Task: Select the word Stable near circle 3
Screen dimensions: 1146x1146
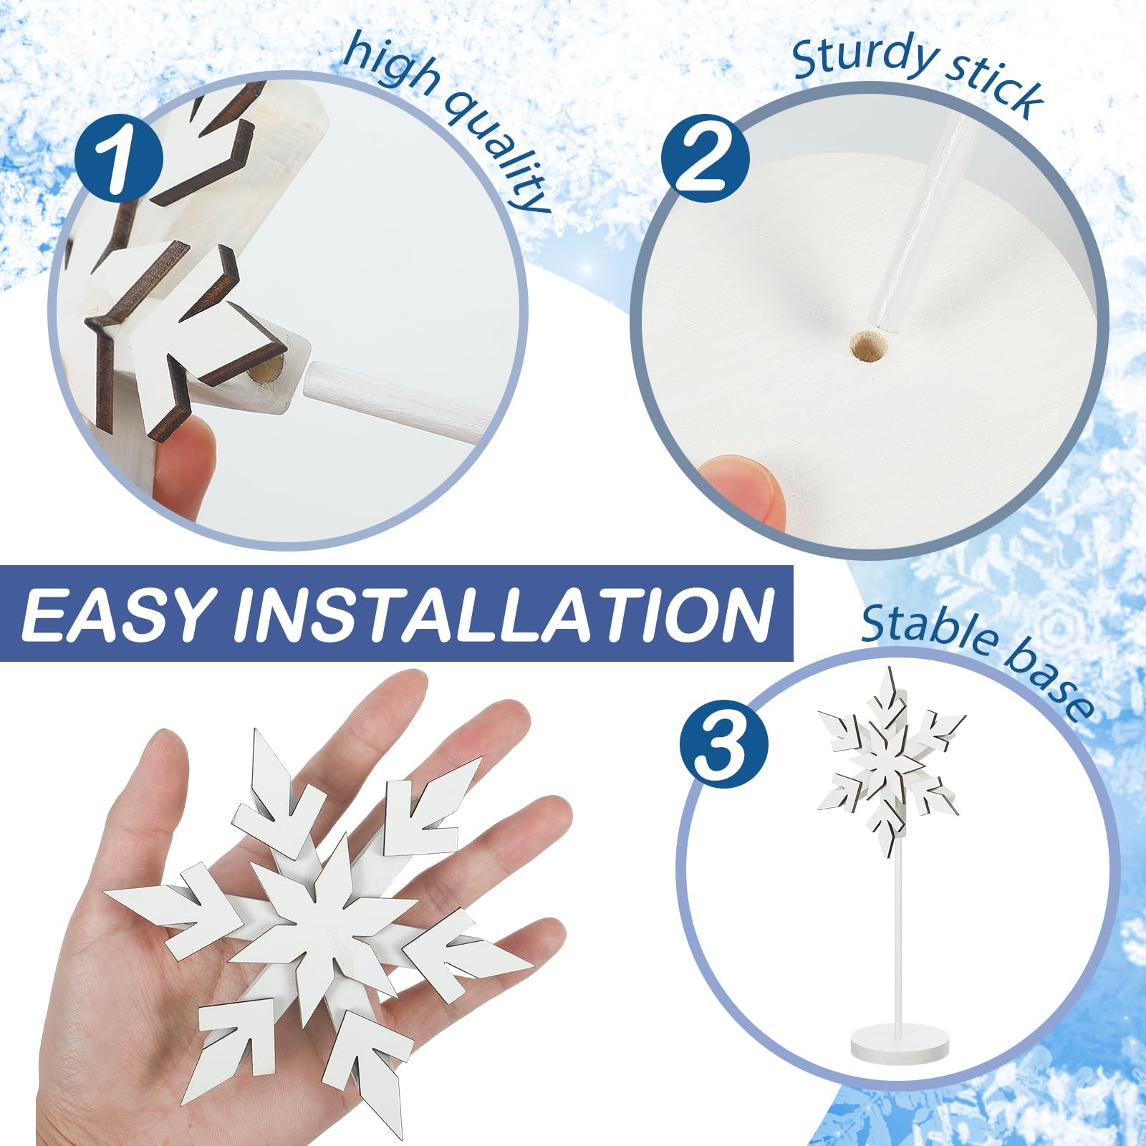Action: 928,630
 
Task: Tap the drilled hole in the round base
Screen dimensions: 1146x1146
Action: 869,348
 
